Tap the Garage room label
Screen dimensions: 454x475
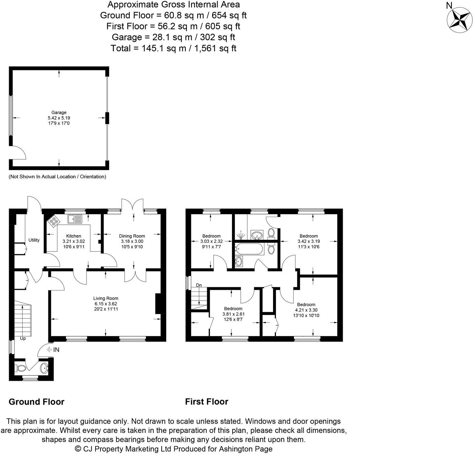[x=59, y=113]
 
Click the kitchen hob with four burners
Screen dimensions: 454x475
[x=54, y=221]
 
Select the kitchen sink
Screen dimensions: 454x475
[x=75, y=219]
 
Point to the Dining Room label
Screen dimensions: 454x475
[x=132, y=236]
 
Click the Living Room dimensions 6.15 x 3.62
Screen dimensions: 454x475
[x=106, y=304]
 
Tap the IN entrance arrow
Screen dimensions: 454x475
[x=53, y=350]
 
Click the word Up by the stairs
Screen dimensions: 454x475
[x=23, y=339]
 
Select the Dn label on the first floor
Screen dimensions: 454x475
[x=199, y=285]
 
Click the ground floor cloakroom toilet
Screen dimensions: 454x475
[x=21, y=368]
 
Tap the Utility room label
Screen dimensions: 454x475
[x=34, y=240]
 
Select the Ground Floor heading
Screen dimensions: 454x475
[x=36, y=402]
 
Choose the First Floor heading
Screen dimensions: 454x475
[x=207, y=401]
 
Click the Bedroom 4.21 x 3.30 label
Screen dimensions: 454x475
[x=306, y=310]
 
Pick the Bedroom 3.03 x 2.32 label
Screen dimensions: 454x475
[x=211, y=241]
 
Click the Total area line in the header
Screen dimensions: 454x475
[x=173, y=48]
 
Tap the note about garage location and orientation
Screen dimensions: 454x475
[x=57, y=177]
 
